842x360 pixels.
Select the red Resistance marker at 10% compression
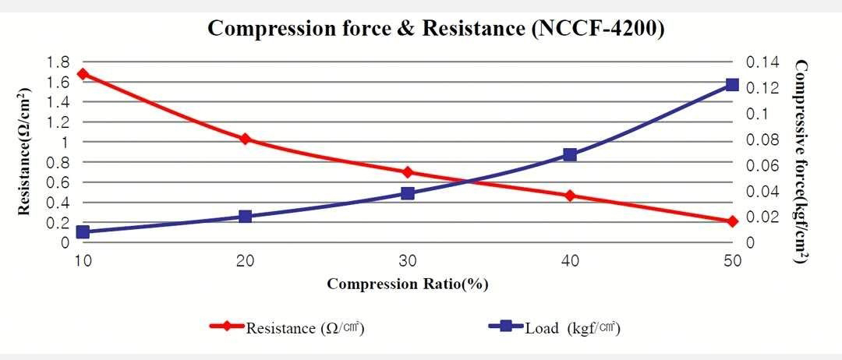(x=83, y=74)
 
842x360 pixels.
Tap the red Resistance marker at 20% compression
(x=245, y=139)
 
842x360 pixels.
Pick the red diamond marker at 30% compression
(x=407, y=172)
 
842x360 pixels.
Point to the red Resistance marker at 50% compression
(x=732, y=222)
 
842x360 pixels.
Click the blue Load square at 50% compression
(x=732, y=84)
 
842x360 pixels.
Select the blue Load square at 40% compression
(x=570, y=154)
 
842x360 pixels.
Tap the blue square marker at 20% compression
(x=245, y=217)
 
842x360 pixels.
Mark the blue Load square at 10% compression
(x=83, y=232)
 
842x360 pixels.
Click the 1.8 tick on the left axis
(x=59, y=62)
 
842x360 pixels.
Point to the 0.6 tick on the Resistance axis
(x=59, y=182)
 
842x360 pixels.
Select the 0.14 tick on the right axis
(x=762, y=62)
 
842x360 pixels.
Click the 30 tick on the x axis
(x=407, y=260)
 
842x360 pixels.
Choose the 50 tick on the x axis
(x=732, y=260)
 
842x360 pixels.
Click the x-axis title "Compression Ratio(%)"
(x=408, y=284)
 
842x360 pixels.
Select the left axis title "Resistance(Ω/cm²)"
(x=26, y=151)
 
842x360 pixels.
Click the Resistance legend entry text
(x=306, y=328)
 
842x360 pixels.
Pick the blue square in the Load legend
(x=506, y=326)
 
